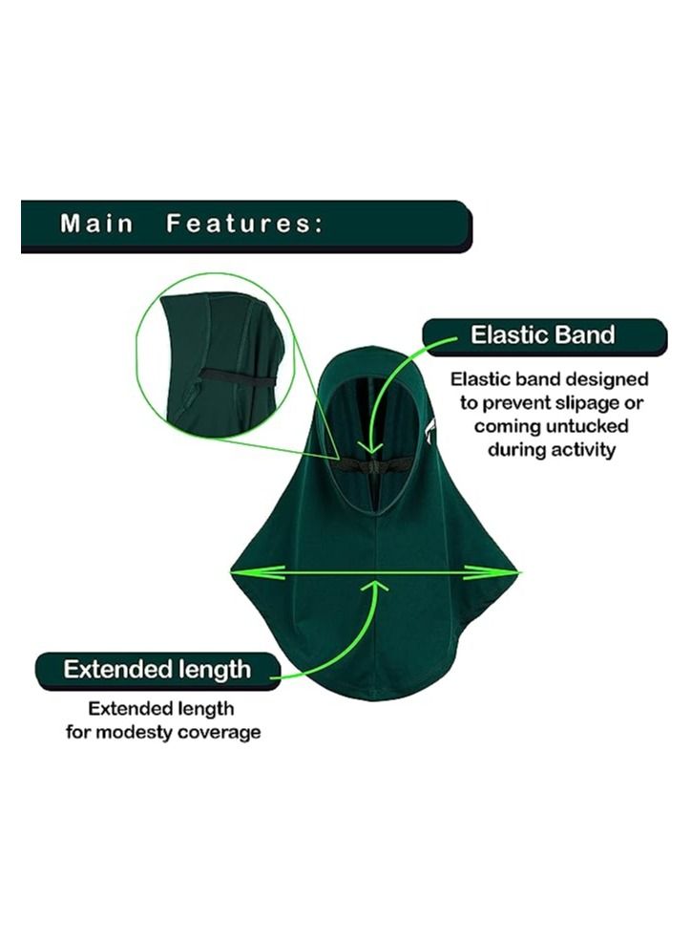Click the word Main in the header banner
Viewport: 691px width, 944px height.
96,224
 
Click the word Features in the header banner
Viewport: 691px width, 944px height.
244,224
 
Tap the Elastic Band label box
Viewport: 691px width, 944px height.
545,335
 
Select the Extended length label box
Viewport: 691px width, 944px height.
157,670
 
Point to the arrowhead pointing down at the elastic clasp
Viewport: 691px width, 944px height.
371,448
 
